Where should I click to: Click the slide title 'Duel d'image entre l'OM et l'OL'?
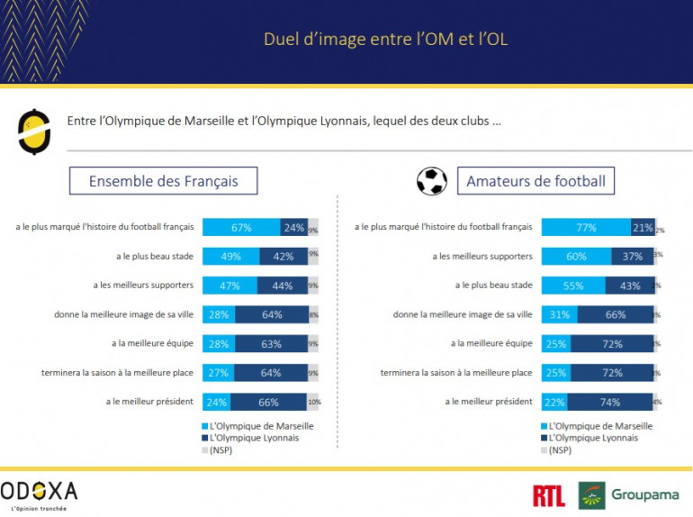coord(391,40)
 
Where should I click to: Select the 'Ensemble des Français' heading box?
coord(163,181)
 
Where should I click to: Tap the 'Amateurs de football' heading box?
coord(535,181)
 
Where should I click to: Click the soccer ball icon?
coord(432,181)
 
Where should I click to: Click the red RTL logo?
coord(549,494)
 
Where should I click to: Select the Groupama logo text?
coord(645,495)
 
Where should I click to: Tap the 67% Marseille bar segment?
coord(241,228)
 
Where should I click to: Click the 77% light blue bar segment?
coord(586,228)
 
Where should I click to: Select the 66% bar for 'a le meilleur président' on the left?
coord(269,402)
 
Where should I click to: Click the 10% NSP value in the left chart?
coord(314,402)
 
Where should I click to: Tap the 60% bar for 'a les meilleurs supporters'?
coord(576,257)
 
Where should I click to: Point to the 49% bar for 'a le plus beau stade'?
coord(230,257)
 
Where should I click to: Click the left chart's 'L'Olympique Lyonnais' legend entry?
coord(254,438)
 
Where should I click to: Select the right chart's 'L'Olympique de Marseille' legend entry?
coord(599,426)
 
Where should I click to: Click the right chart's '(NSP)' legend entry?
coord(559,449)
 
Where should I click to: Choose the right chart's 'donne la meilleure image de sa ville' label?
coord(463,314)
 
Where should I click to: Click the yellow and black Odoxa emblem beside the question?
coord(34,132)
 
